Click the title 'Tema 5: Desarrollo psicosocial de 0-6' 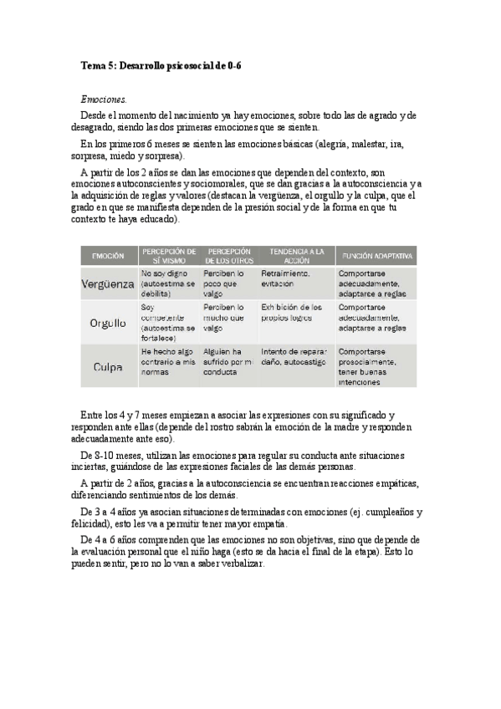pos(165,64)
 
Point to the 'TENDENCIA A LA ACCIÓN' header pos(296,255)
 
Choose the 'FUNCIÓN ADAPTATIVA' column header pos(376,255)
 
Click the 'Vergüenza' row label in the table pos(108,283)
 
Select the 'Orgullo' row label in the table pos(108,322)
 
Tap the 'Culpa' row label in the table pos(108,365)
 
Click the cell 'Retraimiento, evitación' pos(286,278)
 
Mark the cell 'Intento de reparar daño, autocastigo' pos(295,356)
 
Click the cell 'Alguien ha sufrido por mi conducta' pos(227,361)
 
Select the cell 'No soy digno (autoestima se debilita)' pos(168,283)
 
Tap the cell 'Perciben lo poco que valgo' pos(223,283)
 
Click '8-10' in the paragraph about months pos(103,455)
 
